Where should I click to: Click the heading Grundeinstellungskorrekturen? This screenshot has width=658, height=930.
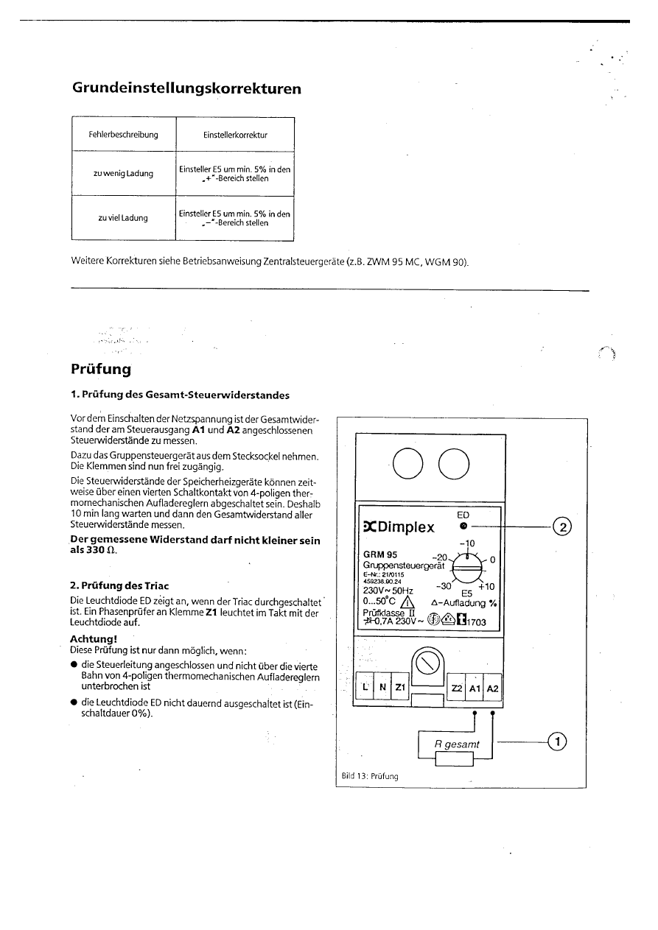click(186, 88)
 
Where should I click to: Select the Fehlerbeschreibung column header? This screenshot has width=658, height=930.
click(124, 135)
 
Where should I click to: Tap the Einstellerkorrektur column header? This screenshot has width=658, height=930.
click(235, 135)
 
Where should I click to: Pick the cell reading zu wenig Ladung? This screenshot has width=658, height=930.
click(124, 174)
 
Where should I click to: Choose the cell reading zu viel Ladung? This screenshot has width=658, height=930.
click(124, 218)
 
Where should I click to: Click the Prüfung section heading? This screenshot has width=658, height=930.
click(100, 367)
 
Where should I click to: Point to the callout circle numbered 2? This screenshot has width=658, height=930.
click(561, 526)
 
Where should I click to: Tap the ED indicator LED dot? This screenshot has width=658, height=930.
click(463, 526)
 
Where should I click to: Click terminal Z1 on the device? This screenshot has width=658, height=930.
click(400, 687)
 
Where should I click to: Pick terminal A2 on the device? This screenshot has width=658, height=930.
click(493, 687)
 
